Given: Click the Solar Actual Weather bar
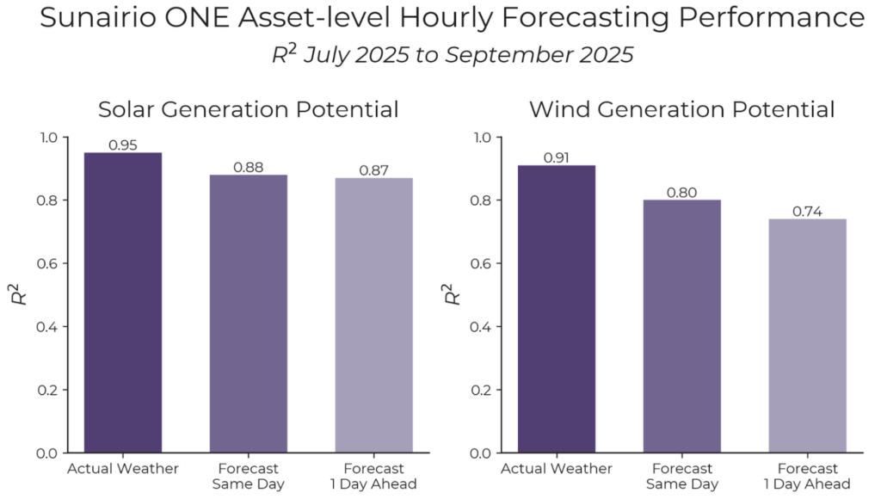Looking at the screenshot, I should (122, 302).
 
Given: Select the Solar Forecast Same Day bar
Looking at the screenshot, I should (248, 313).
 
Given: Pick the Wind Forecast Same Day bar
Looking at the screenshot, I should (681, 326).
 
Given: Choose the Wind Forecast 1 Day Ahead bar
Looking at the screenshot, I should (807, 336).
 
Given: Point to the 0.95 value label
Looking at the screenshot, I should (122, 145).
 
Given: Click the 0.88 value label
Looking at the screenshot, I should (248, 167).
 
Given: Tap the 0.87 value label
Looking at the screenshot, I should (373, 170).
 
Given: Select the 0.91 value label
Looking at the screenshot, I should (556, 157).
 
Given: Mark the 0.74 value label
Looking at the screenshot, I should (807, 211).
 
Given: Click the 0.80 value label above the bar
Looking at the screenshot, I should (681, 192).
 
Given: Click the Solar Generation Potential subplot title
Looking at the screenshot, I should (248, 110).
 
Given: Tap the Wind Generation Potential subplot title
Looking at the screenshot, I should (681, 110).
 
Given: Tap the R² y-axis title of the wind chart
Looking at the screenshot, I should (451, 294).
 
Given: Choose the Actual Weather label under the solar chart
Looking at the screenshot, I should (122, 469).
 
